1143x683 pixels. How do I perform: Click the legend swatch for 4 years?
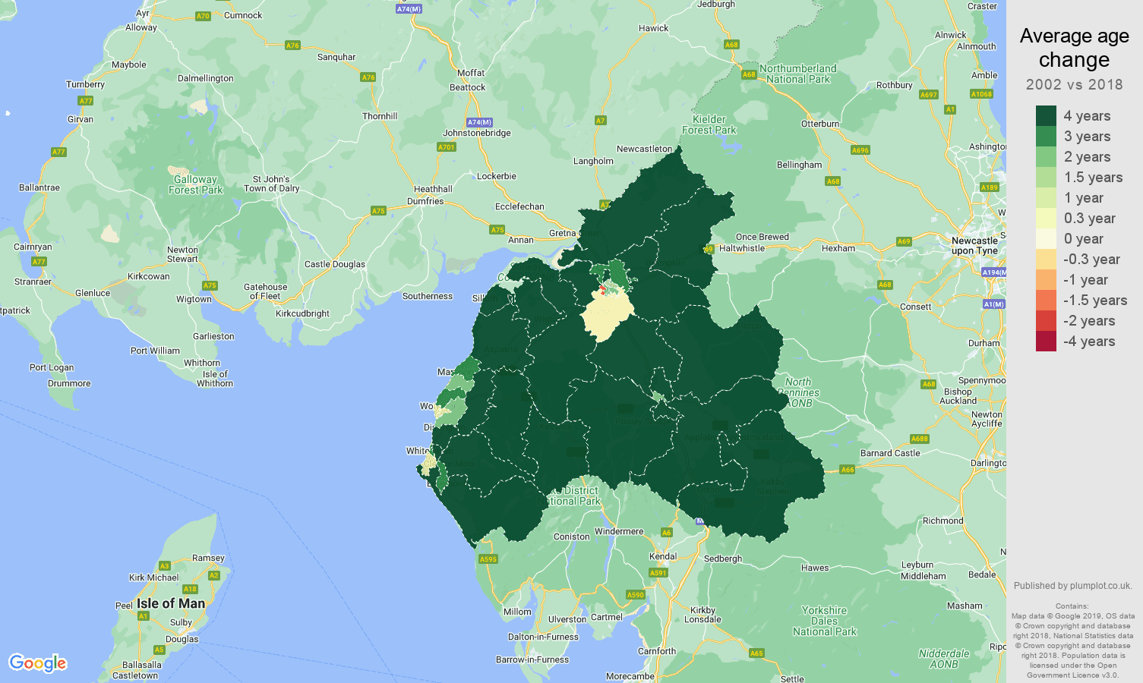tap(1046, 115)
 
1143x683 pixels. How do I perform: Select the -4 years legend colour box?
tap(1046, 341)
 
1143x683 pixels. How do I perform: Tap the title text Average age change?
tap(1074, 47)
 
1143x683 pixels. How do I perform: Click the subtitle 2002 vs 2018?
tap(1074, 84)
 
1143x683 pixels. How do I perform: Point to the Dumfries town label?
tap(425, 201)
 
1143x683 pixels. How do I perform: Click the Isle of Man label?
tap(171, 603)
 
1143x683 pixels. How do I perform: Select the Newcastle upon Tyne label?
tap(974, 245)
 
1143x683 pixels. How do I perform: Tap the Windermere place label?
tap(618, 531)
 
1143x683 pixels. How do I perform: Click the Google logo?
tap(38, 663)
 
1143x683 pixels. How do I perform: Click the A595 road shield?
tap(488, 559)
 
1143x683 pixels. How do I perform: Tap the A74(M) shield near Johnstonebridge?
tap(479, 122)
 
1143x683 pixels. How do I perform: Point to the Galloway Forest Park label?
tap(195, 184)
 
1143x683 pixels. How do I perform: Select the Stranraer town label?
tap(33, 282)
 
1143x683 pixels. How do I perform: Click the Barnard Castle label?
tap(889, 453)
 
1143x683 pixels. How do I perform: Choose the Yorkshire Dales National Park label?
tap(824, 620)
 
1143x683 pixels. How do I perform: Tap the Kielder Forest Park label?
tap(709, 124)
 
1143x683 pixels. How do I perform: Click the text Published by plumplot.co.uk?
tap(1072, 585)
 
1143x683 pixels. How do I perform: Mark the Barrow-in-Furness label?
tap(532, 659)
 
